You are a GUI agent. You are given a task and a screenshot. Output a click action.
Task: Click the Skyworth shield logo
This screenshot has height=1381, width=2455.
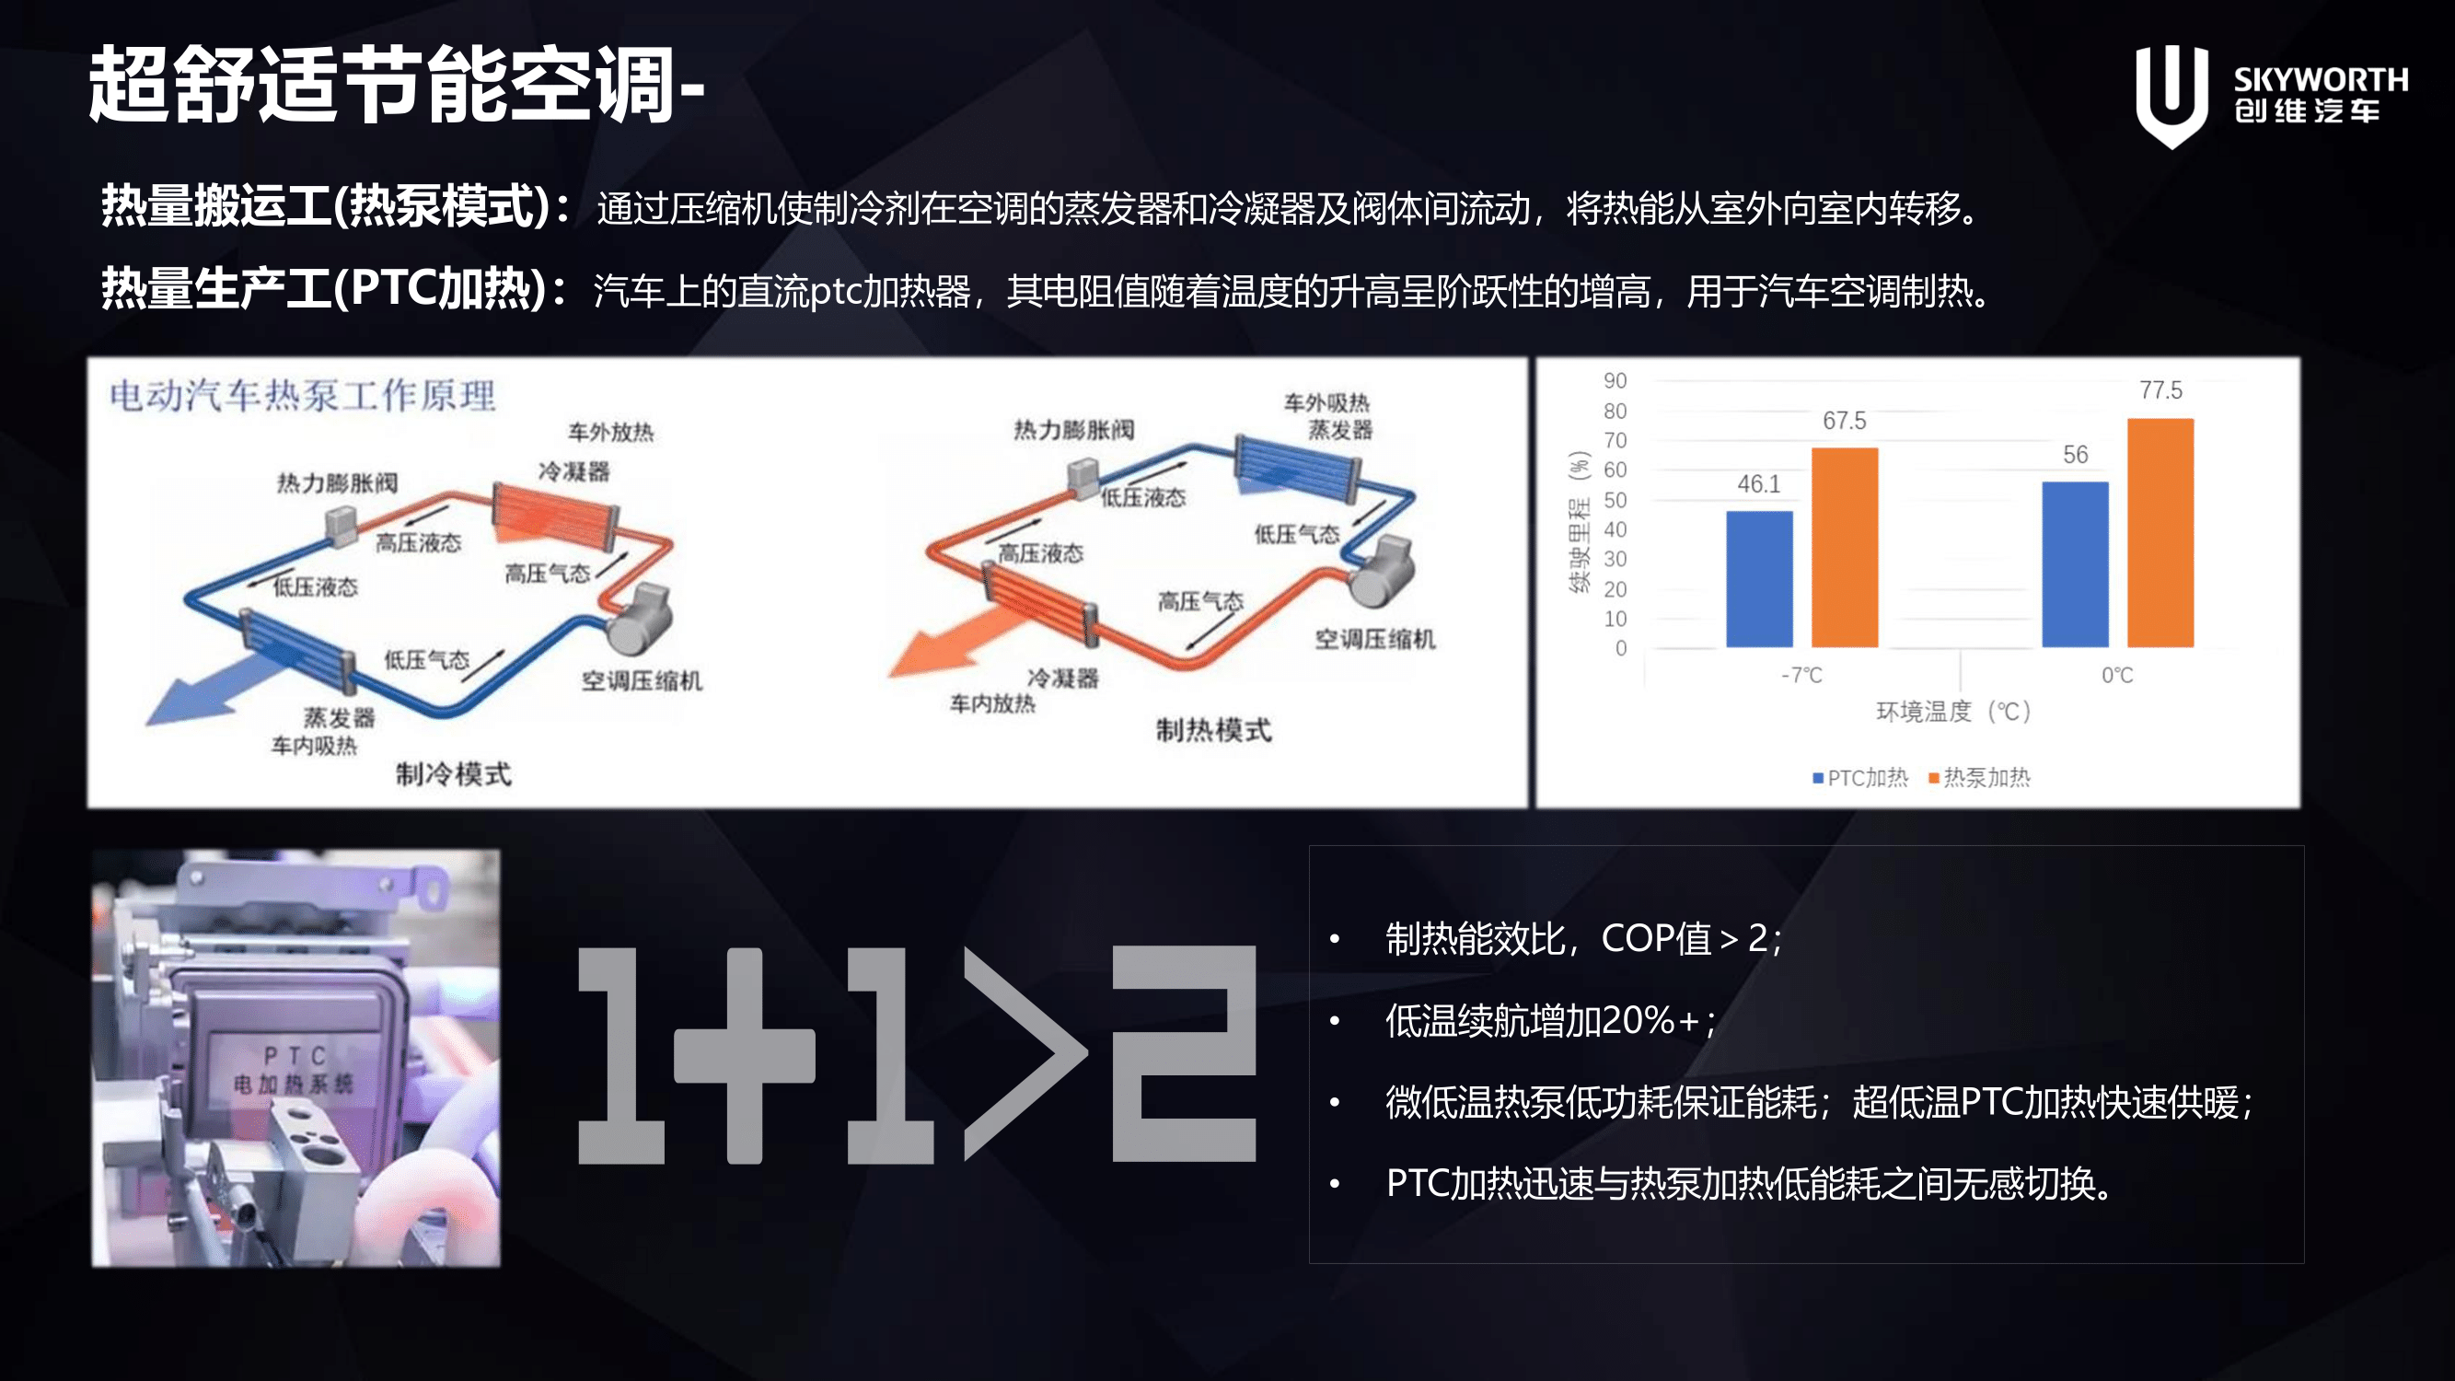2171,96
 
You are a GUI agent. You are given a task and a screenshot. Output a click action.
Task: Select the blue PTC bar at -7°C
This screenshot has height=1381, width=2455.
1759,578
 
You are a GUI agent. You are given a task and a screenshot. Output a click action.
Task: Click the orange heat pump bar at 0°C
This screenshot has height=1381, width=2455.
2160,533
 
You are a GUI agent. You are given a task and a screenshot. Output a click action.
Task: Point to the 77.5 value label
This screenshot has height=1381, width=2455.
2160,389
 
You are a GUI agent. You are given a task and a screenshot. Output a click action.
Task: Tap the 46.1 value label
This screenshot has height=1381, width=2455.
1758,484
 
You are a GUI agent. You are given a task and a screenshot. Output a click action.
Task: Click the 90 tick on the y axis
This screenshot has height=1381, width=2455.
1615,381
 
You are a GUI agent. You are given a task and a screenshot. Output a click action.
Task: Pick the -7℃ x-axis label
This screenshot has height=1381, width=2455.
1801,676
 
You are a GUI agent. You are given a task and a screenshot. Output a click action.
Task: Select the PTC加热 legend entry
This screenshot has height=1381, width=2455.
1860,778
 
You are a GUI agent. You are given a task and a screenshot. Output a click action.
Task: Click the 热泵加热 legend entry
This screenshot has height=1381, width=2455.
1978,778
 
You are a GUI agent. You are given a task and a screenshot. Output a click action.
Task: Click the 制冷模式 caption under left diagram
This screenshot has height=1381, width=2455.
454,774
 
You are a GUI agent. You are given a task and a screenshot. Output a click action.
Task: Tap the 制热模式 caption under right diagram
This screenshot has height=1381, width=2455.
1213,730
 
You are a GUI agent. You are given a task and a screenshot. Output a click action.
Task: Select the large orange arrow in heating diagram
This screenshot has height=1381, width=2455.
958,641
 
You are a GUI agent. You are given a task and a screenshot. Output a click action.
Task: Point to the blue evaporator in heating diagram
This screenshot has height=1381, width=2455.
1297,466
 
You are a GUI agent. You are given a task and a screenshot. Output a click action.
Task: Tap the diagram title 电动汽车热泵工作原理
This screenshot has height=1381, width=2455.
302,395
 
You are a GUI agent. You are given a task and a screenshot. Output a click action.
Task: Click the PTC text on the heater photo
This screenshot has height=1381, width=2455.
295,1056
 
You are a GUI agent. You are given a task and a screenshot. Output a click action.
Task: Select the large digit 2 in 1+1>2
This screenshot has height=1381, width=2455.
1185,1054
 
